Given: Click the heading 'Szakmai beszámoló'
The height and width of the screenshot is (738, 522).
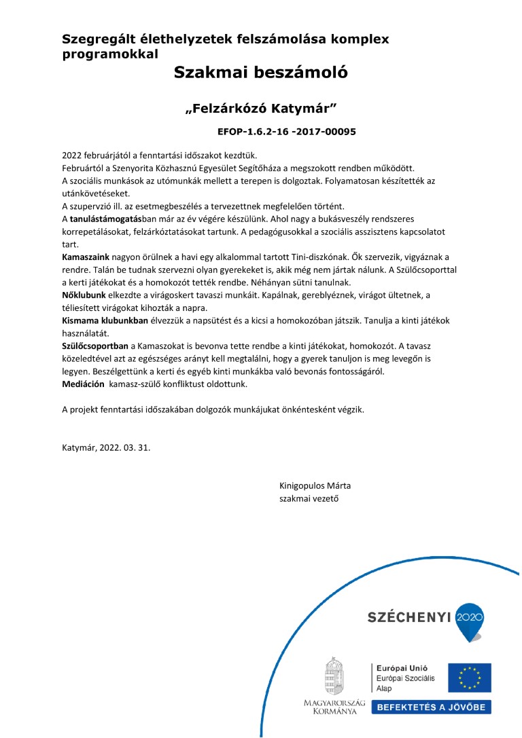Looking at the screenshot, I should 260,72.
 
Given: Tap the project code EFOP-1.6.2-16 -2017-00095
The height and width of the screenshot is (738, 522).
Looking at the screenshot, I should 287,131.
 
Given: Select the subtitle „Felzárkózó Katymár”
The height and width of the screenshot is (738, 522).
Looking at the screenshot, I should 261,109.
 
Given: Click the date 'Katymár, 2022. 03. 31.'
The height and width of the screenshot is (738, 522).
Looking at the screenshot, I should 107,448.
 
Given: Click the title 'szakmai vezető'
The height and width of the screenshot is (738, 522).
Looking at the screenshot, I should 309,499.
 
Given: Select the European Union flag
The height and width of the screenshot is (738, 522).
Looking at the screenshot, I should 474,678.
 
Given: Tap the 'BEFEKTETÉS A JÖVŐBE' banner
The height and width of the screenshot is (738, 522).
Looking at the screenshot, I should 431,707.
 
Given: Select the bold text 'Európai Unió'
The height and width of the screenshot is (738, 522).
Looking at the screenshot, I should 399,668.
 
